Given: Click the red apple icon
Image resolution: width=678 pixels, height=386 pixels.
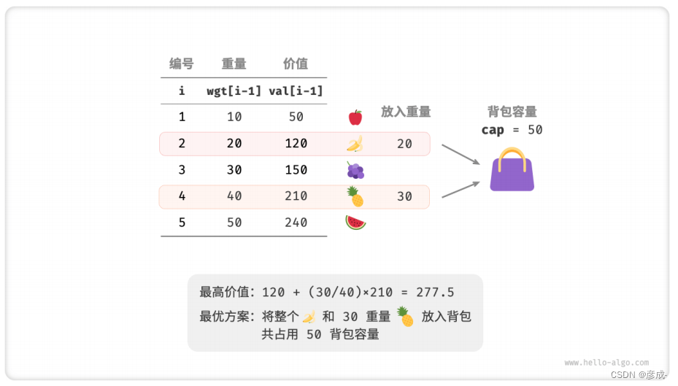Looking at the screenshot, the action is tap(355, 117).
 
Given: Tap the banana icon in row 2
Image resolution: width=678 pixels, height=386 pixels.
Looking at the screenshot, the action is tap(355, 143).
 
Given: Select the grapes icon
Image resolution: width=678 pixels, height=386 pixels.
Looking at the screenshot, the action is tap(355, 170).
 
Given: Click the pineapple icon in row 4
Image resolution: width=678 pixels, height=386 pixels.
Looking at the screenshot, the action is tap(355, 196).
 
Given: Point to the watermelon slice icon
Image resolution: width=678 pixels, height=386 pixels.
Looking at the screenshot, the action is tap(355, 222).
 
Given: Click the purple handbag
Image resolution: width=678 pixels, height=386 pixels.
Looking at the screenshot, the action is tap(512, 174).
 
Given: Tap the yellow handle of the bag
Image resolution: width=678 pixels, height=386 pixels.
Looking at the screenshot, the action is tap(512, 154).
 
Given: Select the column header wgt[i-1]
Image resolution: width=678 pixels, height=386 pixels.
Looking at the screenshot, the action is tap(234, 90).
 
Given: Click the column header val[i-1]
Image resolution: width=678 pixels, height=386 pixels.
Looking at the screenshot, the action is tap(296, 90).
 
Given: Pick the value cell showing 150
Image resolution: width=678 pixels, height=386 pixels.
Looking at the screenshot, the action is tap(296, 169).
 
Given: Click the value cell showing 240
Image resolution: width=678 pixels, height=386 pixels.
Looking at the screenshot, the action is tap(296, 223).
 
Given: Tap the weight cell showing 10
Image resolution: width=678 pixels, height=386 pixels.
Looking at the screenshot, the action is tap(234, 117).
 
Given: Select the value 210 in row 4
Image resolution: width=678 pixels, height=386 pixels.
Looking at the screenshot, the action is tap(296, 196).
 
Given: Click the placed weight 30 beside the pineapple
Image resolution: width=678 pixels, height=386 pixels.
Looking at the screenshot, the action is tap(404, 196).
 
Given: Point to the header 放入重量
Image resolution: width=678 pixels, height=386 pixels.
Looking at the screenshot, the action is tap(406, 112).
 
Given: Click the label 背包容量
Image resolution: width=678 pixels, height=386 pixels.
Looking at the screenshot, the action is tap(512, 112).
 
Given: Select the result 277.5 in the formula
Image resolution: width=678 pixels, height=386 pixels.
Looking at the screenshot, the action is tap(435, 293).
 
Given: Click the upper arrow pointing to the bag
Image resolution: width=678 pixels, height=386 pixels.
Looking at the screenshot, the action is tap(460, 154).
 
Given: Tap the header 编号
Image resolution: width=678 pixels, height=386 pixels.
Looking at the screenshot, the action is tap(182, 63).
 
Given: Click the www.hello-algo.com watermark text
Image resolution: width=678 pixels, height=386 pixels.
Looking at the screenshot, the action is tap(606, 362).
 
